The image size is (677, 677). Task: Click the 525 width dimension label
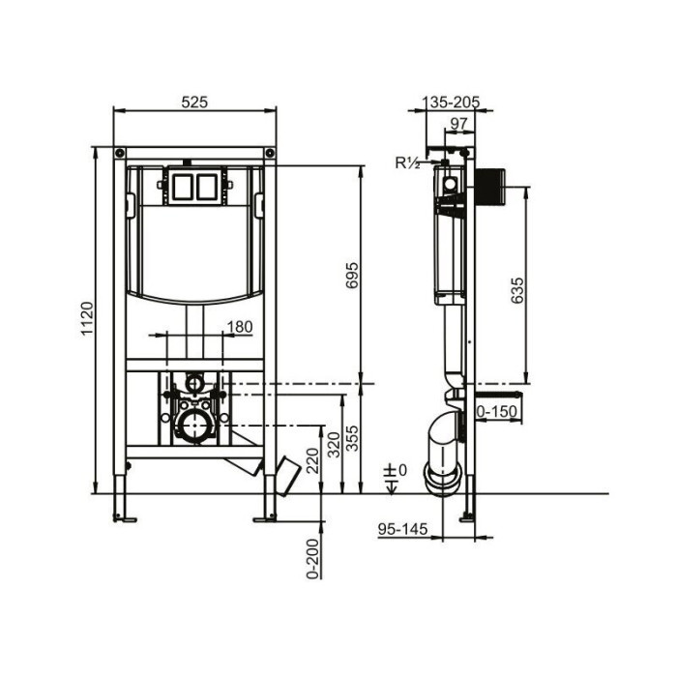[x=194, y=103]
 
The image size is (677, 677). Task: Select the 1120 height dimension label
[x=88, y=318]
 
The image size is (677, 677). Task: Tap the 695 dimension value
[x=352, y=275]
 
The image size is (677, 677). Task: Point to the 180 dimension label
[x=240, y=327]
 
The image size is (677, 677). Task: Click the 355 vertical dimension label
[x=353, y=438]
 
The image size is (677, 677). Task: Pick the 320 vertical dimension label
[x=335, y=444]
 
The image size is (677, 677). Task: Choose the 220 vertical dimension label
[x=312, y=460]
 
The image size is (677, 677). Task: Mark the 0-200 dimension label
[x=312, y=558]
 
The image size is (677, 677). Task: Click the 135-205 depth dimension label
[x=451, y=103]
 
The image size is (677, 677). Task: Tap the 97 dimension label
[x=458, y=124]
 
